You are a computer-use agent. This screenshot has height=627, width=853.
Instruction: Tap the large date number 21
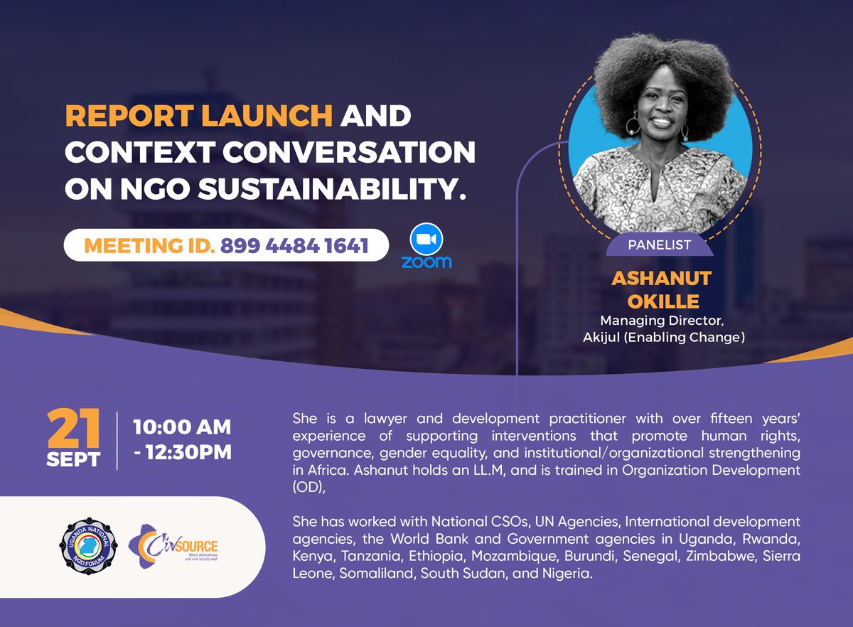(73, 429)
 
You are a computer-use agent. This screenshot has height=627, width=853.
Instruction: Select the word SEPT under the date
(73, 459)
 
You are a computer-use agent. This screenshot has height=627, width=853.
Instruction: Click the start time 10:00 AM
(182, 427)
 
